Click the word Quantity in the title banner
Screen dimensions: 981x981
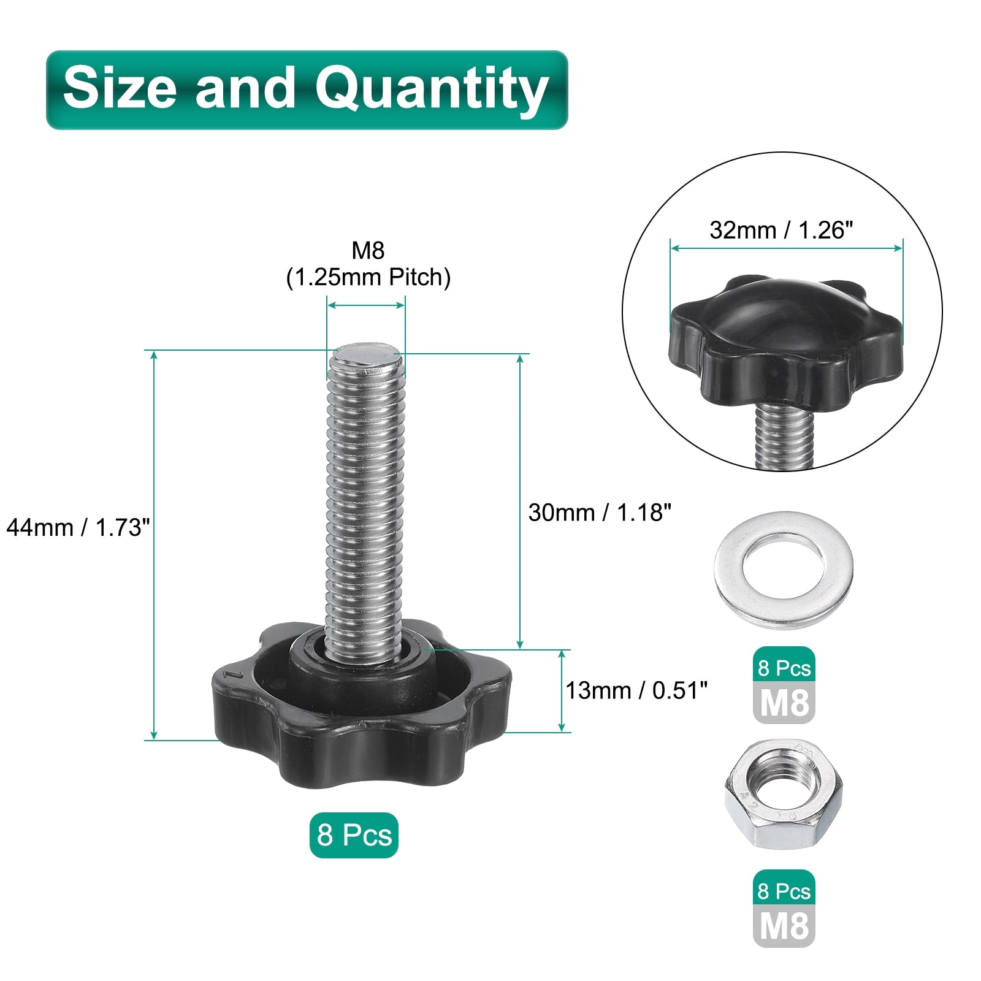pyautogui.click(x=432, y=90)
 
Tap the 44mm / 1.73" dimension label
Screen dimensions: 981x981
pyautogui.click(x=78, y=527)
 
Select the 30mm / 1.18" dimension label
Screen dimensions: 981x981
pyautogui.click(x=600, y=512)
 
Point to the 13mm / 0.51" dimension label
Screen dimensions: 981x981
pyautogui.click(x=636, y=690)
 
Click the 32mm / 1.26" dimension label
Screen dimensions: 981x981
pyautogui.click(x=781, y=230)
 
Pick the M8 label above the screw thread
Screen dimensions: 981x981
pyautogui.click(x=368, y=250)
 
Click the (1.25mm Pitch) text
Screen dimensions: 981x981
pyautogui.click(x=368, y=277)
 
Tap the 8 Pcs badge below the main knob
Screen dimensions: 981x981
pyautogui.click(x=354, y=835)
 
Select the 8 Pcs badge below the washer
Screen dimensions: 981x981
pyautogui.click(x=784, y=668)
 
